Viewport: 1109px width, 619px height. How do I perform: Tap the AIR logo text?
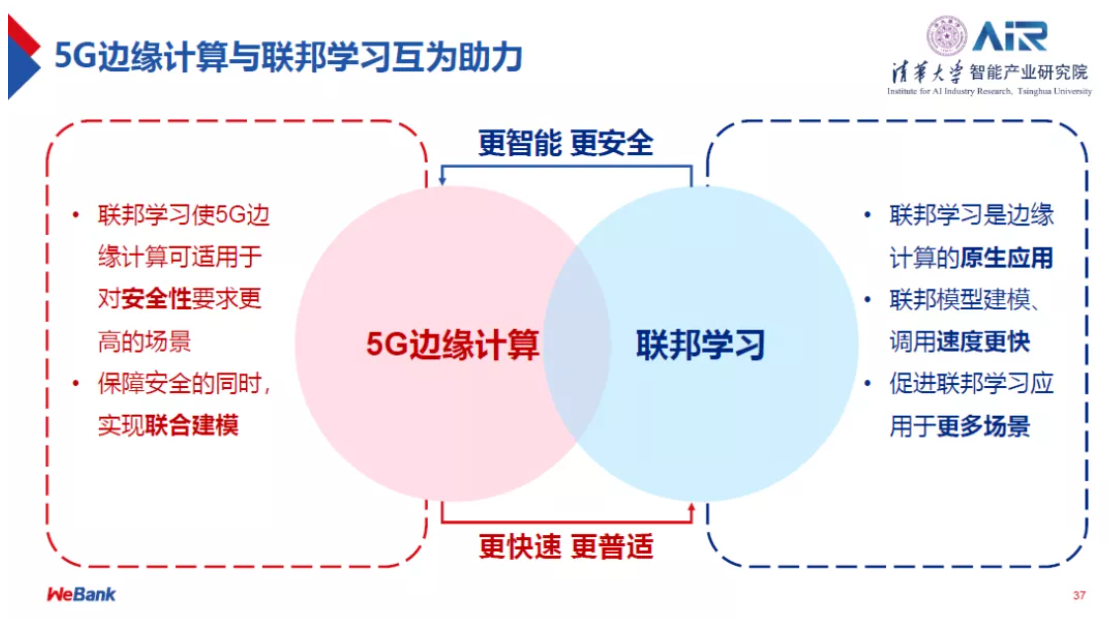[1011, 36]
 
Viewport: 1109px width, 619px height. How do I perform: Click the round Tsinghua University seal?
[946, 36]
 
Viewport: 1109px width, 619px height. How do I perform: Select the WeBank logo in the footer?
[81, 594]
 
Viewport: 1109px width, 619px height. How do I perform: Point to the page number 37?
[1078, 596]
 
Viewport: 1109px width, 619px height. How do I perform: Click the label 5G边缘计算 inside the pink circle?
[452, 345]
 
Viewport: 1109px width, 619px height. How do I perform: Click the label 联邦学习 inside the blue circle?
[700, 345]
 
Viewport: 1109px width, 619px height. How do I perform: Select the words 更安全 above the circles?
[612, 143]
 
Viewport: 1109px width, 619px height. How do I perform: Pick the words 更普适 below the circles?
[612, 547]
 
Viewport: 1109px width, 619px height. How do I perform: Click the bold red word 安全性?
[154, 299]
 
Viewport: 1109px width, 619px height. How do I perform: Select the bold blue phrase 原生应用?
[1007, 258]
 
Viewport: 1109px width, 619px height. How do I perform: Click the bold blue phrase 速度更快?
[983, 342]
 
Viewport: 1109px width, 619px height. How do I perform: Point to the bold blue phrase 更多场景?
[983, 427]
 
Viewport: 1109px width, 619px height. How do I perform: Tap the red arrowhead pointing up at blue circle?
[691, 509]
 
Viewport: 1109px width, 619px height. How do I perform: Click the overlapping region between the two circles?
[577, 345]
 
